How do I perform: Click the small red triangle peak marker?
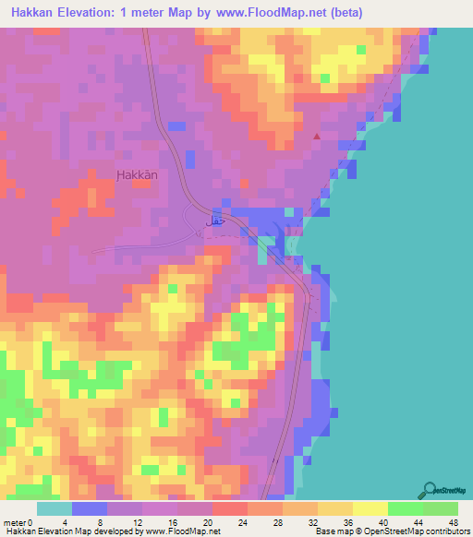(317, 137)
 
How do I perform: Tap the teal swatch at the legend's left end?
(55, 508)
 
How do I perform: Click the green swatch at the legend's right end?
(440, 508)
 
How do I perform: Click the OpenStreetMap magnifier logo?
(428, 489)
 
